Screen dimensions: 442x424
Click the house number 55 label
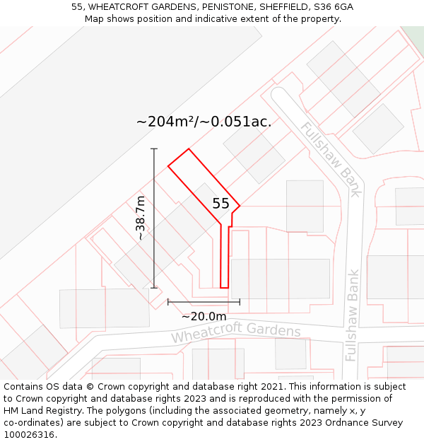pos(220,204)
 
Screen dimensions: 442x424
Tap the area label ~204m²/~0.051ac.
pos(204,122)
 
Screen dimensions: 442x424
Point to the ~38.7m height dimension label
pos(141,218)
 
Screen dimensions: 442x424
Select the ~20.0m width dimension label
pos(204,316)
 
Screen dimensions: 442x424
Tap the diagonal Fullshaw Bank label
pos(331,159)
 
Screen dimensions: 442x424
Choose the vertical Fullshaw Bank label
pos(353,315)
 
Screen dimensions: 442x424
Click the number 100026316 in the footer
pos(30,434)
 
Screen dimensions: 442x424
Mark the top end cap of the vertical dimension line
pos(154,149)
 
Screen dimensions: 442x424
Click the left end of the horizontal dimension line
pos(168,302)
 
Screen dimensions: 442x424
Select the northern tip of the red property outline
pos(189,149)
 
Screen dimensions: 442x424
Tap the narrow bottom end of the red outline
pos(224,287)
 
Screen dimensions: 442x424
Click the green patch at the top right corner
pos(414,34)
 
